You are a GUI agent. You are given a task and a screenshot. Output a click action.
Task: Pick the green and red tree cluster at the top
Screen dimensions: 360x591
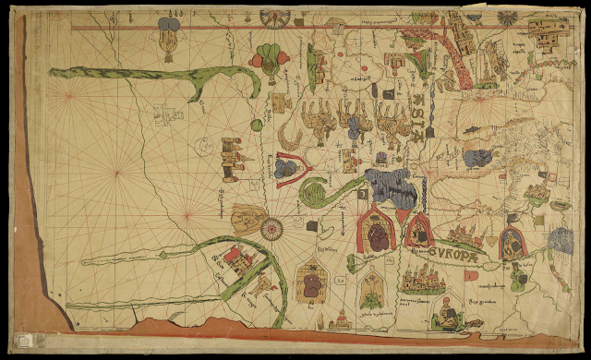[269, 58]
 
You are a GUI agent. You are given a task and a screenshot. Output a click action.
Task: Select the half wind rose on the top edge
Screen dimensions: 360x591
[274, 16]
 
